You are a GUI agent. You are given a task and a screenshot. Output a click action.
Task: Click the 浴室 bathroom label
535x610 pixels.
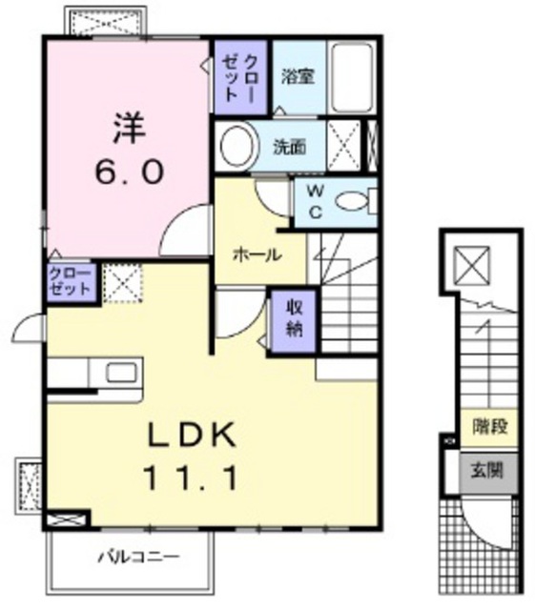click(x=298, y=76)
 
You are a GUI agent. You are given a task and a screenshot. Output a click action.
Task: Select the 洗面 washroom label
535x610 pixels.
click(x=289, y=147)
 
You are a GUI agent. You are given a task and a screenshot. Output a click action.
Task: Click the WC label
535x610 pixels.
click(x=316, y=202)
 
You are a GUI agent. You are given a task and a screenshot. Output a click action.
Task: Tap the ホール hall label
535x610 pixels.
click(x=257, y=255)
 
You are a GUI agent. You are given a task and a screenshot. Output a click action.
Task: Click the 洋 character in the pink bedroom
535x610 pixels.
click(x=130, y=127)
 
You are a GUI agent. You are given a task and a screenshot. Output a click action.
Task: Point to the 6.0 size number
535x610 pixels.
click(x=130, y=173)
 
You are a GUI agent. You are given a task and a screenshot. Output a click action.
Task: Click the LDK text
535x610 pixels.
click(x=192, y=435)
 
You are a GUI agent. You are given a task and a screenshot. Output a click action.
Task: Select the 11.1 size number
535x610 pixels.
click(x=191, y=478)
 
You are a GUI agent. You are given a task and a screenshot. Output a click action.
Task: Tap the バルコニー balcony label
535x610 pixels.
click(x=139, y=557)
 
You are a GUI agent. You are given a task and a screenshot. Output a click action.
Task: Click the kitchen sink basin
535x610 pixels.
click(x=122, y=373)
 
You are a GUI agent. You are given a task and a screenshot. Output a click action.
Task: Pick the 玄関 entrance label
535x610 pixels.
click(x=487, y=470)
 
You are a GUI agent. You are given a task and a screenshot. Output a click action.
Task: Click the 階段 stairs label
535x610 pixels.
click(x=490, y=427)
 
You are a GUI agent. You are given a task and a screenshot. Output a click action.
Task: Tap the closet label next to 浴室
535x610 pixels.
click(x=240, y=78)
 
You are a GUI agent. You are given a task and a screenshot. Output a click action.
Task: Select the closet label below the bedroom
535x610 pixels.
click(x=71, y=281)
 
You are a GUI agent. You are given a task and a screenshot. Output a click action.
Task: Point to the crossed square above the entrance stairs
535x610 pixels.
click(x=472, y=266)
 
